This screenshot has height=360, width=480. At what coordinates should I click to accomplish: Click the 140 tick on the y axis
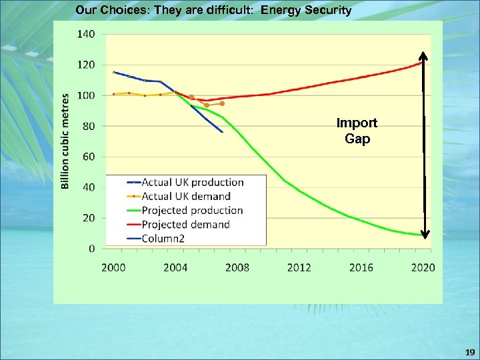[x=87, y=34]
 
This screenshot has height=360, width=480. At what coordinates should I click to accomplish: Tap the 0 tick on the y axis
[x=91, y=249]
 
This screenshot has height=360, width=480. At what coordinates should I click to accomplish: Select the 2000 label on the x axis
[x=114, y=267]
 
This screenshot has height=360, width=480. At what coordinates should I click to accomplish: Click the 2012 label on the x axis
[x=299, y=267]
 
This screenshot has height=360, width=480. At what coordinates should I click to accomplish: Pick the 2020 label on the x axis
[x=423, y=267]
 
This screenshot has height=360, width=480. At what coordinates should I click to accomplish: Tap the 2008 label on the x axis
[x=237, y=267]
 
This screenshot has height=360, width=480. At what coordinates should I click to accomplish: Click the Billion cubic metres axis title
[x=65, y=141]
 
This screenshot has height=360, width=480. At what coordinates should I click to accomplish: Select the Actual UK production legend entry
[x=192, y=182]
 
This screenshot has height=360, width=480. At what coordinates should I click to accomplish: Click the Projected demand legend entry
[x=185, y=225]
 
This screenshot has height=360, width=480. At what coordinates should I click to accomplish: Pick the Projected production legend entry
[x=192, y=211]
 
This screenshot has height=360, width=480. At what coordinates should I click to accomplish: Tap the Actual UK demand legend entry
[x=186, y=196]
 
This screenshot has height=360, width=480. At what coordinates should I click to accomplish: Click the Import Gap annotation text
[x=357, y=131]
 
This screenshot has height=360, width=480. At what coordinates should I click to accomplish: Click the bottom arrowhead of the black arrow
[x=425, y=234]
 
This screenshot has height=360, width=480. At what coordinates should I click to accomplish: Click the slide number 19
[x=470, y=351]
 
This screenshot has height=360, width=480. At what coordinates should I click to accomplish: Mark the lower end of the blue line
[x=222, y=132]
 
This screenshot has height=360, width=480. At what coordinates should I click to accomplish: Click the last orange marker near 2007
[x=222, y=103]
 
